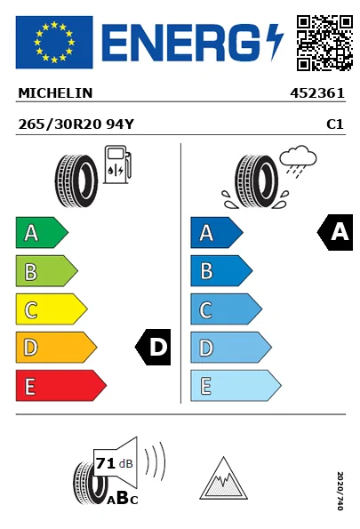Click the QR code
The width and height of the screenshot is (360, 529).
(x=324, y=43)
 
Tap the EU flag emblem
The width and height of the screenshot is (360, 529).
(x=54, y=42)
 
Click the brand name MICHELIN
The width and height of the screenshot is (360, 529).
(x=55, y=93)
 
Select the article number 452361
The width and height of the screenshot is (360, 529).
(x=317, y=93)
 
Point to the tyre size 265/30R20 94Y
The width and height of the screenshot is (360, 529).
(x=76, y=124)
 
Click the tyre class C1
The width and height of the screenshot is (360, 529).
(x=335, y=124)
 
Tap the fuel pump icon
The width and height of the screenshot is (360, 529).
(x=117, y=164)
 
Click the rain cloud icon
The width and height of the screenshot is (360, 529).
(x=298, y=162)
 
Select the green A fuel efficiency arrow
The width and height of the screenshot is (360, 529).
(x=42, y=232)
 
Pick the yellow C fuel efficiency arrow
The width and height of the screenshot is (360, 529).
(x=52, y=309)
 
